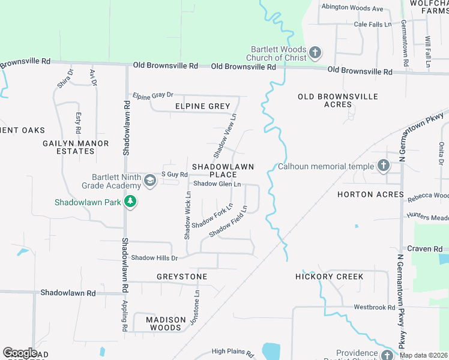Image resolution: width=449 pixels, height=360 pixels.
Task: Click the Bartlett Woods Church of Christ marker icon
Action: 315,53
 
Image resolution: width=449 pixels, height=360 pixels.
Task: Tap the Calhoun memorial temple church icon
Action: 383,166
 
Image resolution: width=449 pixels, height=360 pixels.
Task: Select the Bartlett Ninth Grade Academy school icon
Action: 150,180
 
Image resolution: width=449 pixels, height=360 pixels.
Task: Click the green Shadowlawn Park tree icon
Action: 130,202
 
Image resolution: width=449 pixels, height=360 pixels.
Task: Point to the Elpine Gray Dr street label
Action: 153,95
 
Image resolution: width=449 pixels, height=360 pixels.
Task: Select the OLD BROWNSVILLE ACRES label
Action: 338,100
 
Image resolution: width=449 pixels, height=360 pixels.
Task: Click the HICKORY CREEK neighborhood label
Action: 330,277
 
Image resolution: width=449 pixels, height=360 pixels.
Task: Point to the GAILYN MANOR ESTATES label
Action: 76,147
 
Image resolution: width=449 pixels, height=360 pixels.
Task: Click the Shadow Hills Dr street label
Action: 155,258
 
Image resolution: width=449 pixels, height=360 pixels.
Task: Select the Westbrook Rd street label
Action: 374,307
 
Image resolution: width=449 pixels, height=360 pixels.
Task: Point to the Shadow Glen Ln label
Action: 217,184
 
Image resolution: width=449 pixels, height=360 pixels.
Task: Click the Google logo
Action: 20,353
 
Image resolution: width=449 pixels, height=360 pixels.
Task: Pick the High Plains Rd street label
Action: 232,351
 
